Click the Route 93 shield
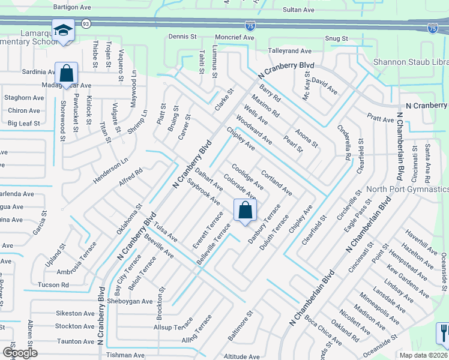[86, 23]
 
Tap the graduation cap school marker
[62, 31]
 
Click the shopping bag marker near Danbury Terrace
[245, 211]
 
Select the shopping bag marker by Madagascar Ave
[66, 74]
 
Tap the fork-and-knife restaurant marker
[444, 333]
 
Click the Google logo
[20, 352]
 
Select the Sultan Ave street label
[298, 10]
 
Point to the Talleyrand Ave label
[290, 52]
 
